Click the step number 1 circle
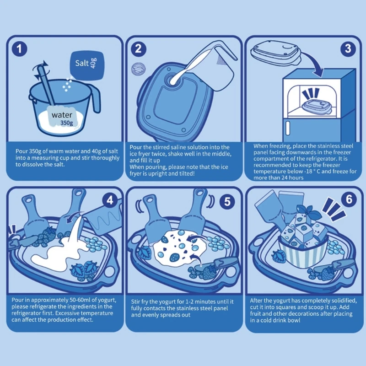19,49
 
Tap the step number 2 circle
139,49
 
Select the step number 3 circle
348,48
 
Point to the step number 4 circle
110,200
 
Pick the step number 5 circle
227,201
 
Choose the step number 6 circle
349,199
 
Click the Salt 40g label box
87,65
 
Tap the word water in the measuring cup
62,115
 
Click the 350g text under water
67,123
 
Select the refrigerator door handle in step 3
288,128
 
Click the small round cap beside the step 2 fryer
138,69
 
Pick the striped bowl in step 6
303,253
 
